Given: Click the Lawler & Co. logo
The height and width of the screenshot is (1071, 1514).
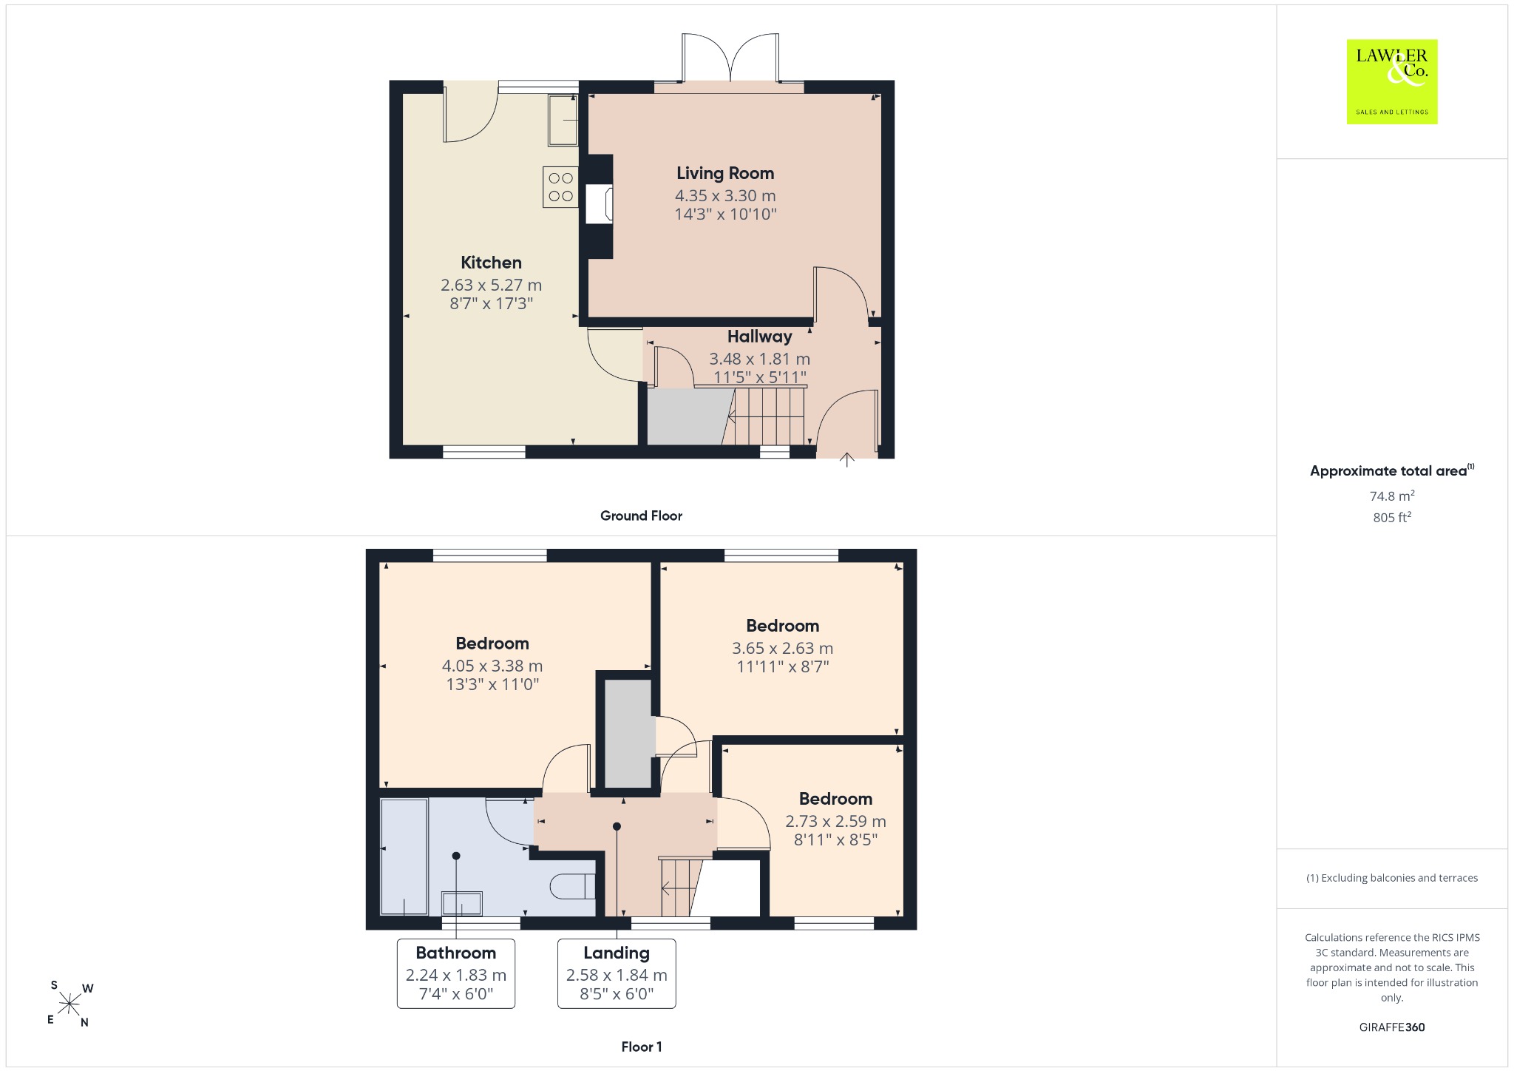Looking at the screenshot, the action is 1391,81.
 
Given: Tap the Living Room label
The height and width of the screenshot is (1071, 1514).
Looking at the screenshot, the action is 725,173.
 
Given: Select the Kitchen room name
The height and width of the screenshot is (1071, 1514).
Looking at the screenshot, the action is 491,263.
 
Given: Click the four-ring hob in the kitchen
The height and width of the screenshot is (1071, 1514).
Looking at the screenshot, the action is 561,187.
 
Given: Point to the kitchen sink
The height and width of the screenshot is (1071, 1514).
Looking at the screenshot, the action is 563,119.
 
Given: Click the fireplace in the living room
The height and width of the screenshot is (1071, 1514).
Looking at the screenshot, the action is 600,204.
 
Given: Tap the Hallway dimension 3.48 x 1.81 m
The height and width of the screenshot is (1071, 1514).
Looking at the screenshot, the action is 760,359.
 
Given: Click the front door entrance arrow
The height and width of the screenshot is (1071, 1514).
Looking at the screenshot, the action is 847,460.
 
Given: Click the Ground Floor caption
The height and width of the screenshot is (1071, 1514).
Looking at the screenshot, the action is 641,516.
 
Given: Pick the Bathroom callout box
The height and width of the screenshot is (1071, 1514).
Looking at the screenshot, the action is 456,973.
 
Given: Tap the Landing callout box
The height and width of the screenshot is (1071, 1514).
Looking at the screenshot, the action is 617,973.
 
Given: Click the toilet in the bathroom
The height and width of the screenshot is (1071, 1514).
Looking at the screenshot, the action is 574,885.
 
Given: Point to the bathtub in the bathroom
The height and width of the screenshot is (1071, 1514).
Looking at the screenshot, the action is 404,857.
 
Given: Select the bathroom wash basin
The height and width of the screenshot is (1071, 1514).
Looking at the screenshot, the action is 462,903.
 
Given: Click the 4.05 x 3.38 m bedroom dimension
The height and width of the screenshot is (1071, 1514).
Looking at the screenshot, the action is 492,666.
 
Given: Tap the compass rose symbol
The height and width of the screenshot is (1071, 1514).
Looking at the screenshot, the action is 69,1004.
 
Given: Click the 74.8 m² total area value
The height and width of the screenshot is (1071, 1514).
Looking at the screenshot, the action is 1392,496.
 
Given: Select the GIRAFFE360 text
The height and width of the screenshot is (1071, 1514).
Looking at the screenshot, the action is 1392,1027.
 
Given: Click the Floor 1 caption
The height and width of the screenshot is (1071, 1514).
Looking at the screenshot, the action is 642,1047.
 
